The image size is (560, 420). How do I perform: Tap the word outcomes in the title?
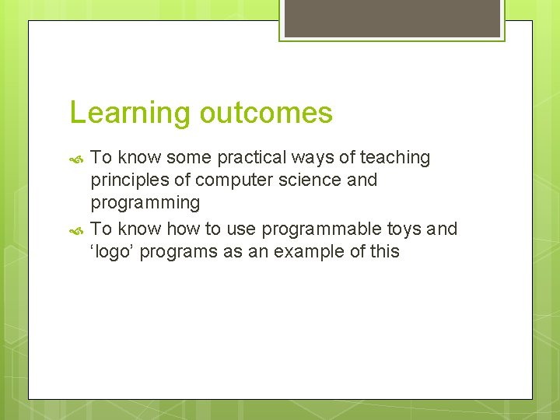point(266,114)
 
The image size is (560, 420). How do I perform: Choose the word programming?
point(145,204)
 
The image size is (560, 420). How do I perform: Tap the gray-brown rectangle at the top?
point(392,17)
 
